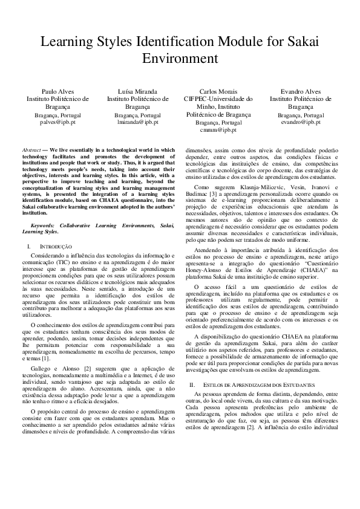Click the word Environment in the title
(x=180, y=59)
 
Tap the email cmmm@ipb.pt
(x=219, y=130)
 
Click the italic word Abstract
(x=31, y=149)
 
